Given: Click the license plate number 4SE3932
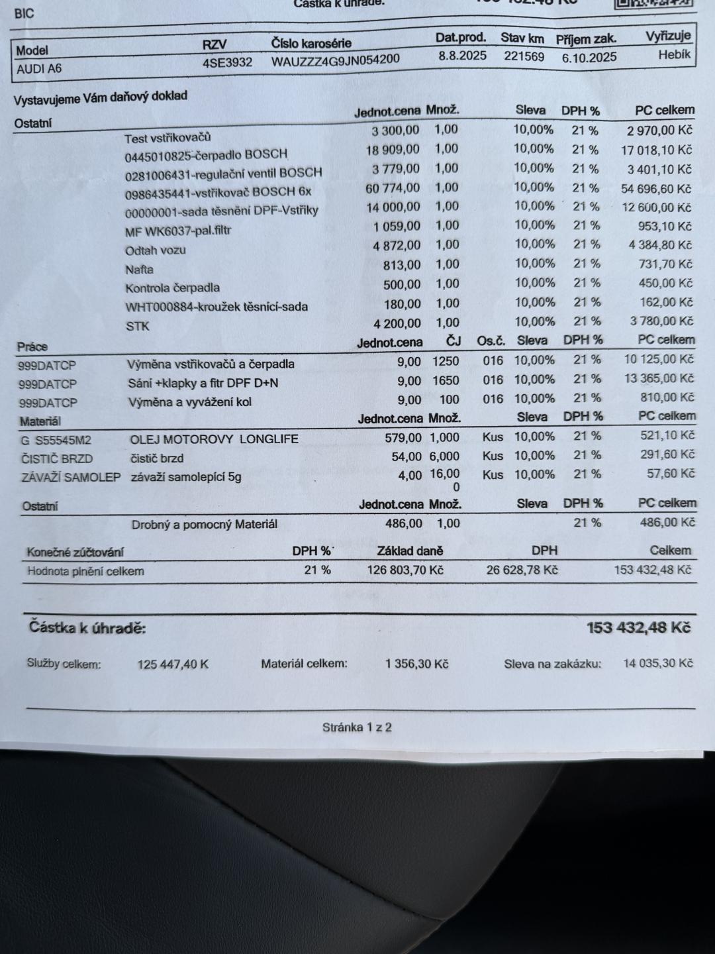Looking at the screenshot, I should (227, 62).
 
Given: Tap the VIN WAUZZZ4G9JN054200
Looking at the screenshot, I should (335, 60).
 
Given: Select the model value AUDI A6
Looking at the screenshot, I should (39, 68).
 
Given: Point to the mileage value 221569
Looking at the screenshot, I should (524, 56).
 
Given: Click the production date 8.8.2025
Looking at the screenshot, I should (462, 56).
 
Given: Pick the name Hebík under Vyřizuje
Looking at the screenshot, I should (674, 55).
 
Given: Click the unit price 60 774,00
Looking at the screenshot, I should (393, 188).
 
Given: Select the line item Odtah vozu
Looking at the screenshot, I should (156, 250).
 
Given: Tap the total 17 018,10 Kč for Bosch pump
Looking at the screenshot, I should (656, 150).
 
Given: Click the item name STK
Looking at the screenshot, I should (137, 326).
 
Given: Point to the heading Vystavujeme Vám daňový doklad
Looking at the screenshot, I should (101, 98).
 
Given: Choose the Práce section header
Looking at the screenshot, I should (32, 346).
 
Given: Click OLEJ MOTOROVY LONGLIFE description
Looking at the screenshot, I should (214, 439).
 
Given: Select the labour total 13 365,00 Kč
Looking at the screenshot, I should (659, 378).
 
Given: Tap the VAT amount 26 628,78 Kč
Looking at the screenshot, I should (522, 570).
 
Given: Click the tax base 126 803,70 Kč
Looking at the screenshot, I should (405, 570).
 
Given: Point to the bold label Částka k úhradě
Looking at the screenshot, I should (87, 627).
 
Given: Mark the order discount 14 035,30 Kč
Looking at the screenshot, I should (657, 663).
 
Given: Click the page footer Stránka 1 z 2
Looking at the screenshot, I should (357, 727).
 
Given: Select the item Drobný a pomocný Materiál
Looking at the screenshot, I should (204, 524).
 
